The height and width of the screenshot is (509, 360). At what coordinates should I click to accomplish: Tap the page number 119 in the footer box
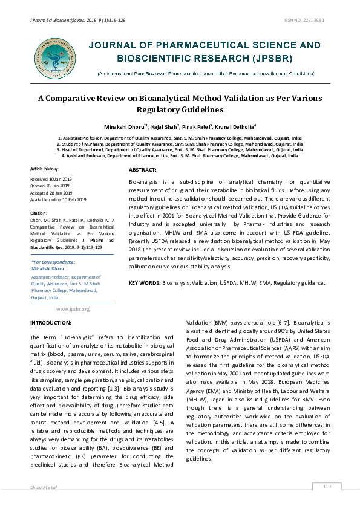click(x=327, y=487)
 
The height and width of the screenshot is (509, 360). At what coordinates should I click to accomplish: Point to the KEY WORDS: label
click(x=144, y=283)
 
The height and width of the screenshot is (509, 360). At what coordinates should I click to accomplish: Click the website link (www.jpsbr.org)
click(x=72, y=309)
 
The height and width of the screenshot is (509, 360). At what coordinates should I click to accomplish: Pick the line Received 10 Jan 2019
click(x=51, y=180)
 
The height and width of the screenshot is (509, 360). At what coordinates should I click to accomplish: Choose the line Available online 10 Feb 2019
click(x=59, y=199)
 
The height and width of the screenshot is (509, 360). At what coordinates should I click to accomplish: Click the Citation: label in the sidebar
click(x=39, y=213)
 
